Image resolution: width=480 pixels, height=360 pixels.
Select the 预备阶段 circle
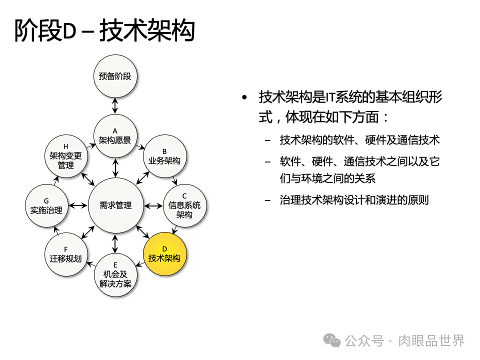click(x=115, y=76)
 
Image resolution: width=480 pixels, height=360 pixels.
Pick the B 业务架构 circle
click(x=164, y=156)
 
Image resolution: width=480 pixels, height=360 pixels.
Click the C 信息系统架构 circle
click(x=184, y=205)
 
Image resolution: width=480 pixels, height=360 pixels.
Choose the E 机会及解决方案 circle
click(x=116, y=274)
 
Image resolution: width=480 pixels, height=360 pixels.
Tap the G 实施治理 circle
click(x=46, y=205)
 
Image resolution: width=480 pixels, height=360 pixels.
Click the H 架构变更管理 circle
click(x=66, y=156)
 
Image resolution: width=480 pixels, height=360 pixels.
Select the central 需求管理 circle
click(x=115, y=205)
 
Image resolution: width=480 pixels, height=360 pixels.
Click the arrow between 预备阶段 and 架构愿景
click(x=115, y=106)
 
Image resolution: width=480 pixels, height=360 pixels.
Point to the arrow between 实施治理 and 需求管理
click(x=78, y=205)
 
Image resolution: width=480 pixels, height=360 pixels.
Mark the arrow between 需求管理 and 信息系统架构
click(x=153, y=205)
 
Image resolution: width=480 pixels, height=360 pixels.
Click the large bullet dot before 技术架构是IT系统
click(x=244, y=97)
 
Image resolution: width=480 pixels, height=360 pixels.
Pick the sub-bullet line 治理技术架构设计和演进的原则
click(x=354, y=200)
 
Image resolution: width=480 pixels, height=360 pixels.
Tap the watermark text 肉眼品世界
click(x=431, y=341)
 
